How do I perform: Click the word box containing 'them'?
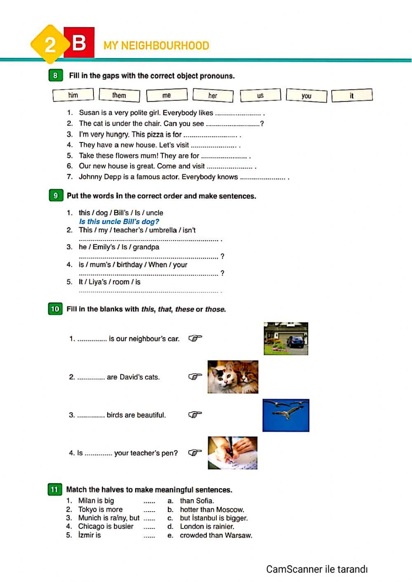[x=119, y=95]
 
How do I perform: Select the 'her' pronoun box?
[x=213, y=96]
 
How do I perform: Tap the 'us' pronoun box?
[x=260, y=96]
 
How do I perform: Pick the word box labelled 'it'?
[x=351, y=96]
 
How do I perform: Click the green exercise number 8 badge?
[x=55, y=75]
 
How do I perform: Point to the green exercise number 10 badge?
[x=55, y=309]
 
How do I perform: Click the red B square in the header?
[x=79, y=42]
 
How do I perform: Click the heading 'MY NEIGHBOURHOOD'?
[x=156, y=46]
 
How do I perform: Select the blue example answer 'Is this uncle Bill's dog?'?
[x=119, y=222]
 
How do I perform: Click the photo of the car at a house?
[x=286, y=339]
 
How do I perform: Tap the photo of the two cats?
[x=233, y=377]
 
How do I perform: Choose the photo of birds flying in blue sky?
[x=286, y=415]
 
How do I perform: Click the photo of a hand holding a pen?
[x=232, y=453]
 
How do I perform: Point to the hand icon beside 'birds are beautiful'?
[x=195, y=414]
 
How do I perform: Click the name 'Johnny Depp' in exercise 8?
[x=100, y=177]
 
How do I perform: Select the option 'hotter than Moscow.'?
[x=212, y=510]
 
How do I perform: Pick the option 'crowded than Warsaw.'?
[x=216, y=535]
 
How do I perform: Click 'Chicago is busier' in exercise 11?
[x=106, y=526]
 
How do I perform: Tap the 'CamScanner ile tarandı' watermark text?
[x=316, y=569]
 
